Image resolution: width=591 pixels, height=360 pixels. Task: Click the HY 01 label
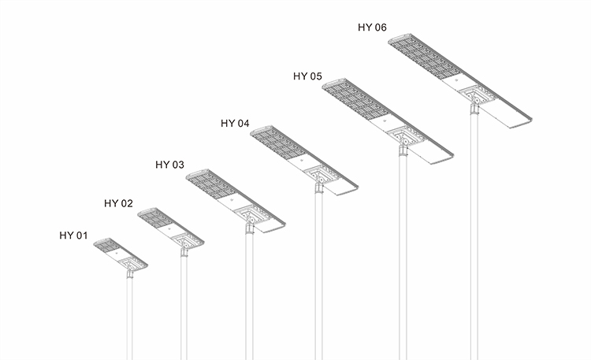(73, 236)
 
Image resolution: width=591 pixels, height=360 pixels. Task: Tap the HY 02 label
(118, 203)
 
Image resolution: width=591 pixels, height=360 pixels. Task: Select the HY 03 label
(169, 165)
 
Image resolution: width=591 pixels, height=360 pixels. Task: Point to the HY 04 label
(235, 123)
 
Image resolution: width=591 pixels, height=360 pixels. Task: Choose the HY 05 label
(307, 76)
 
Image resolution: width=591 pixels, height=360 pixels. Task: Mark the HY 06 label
(372, 27)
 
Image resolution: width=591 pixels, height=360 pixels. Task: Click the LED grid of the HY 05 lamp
(357, 100)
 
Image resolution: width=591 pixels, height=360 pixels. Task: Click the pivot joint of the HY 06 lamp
(476, 101)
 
